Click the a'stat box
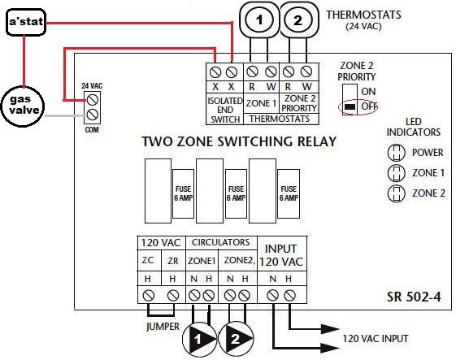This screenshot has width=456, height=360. point(24,24)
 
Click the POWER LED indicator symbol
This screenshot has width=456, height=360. point(397,152)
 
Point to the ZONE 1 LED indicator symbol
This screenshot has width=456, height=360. point(397,172)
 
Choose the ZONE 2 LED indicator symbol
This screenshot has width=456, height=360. point(397,193)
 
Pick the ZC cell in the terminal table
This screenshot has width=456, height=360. point(148,260)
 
